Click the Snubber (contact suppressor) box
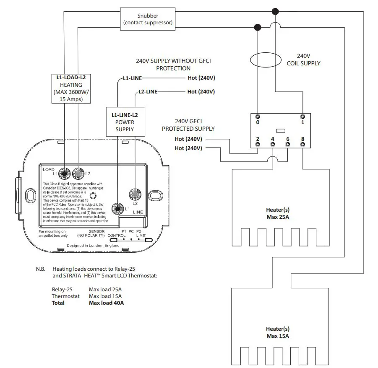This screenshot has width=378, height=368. [x=148, y=19]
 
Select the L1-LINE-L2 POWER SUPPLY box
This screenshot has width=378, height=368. [x=125, y=122]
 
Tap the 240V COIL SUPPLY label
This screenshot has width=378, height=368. [x=303, y=60]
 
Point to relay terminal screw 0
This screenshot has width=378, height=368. [x=258, y=117]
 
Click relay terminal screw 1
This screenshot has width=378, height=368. [x=302, y=117]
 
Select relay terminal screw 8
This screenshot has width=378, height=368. [x=302, y=144]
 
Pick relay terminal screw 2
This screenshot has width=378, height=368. [x=258, y=144]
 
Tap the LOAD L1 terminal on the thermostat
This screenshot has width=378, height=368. [x=65, y=173]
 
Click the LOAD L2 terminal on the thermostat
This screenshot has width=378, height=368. [x=78, y=172]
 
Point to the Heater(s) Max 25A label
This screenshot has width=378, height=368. [x=278, y=213]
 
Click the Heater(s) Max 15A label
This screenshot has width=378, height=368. [x=278, y=332]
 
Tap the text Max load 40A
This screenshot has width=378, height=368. [x=106, y=303]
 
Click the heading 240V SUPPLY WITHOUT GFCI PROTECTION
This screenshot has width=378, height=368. [x=173, y=65]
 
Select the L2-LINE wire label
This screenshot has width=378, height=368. [x=148, y=91]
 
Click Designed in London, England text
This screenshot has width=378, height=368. [x=93, y=246]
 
